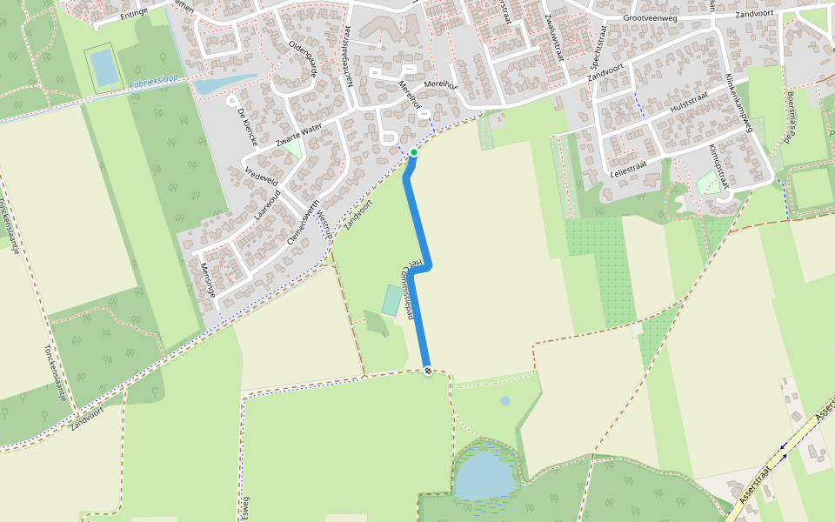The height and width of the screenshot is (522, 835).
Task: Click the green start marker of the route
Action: [414, 152]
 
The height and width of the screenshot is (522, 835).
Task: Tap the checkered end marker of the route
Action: [428, 371]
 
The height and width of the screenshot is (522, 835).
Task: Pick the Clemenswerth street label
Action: [301, 223]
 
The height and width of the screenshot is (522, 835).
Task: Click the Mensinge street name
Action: [206, 280]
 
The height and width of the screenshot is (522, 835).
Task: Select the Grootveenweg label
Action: [649, 17]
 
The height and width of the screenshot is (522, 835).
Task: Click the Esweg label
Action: [244, 504]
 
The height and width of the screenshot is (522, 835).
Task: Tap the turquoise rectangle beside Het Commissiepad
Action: [392, 300]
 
